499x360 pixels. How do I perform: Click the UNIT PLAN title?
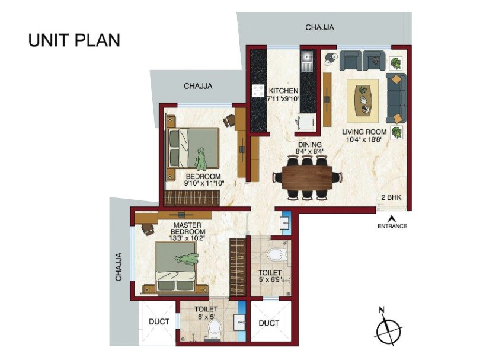(x=74, y=40)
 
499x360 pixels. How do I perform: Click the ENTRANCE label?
(x=392, y=226)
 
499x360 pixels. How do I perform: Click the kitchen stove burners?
(x=258, y=91)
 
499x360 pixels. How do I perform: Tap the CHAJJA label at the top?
(x=319, y=27)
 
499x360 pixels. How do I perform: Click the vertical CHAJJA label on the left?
(x=119, y=266)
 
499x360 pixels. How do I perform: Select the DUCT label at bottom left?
(x=159, y=321)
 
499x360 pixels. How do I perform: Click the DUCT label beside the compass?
(x=269, y=323)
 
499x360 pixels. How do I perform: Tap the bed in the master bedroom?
(x=176, y=267)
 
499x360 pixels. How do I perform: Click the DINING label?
(x=310, y=144)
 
